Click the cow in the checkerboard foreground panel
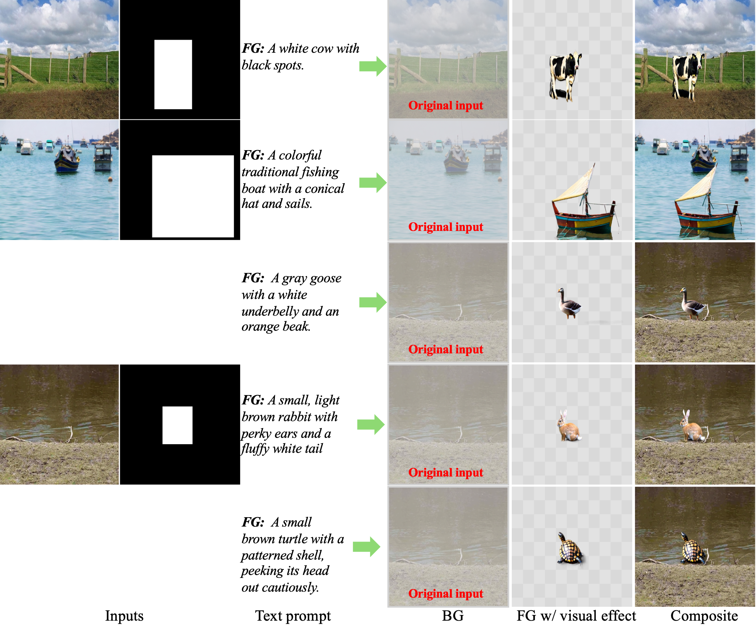pos(564,76)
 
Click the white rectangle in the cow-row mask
pos(173,74)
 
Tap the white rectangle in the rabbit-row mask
pos(177,425)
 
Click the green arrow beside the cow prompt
pos(373,66)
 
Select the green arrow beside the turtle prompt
pos(366,547)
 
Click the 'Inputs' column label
pos(124,616)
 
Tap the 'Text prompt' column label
pos(293,616)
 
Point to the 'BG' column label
pos(453,616)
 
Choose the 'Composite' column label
pos(704,616)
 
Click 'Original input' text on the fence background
pos(446,105)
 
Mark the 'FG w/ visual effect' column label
pos(577,616)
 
